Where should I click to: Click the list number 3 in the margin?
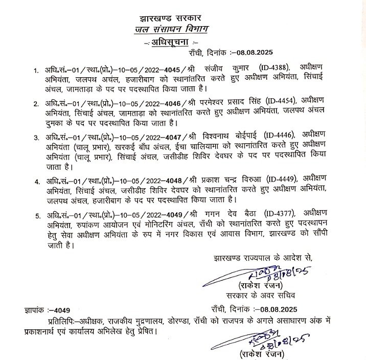tap(36, 139)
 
